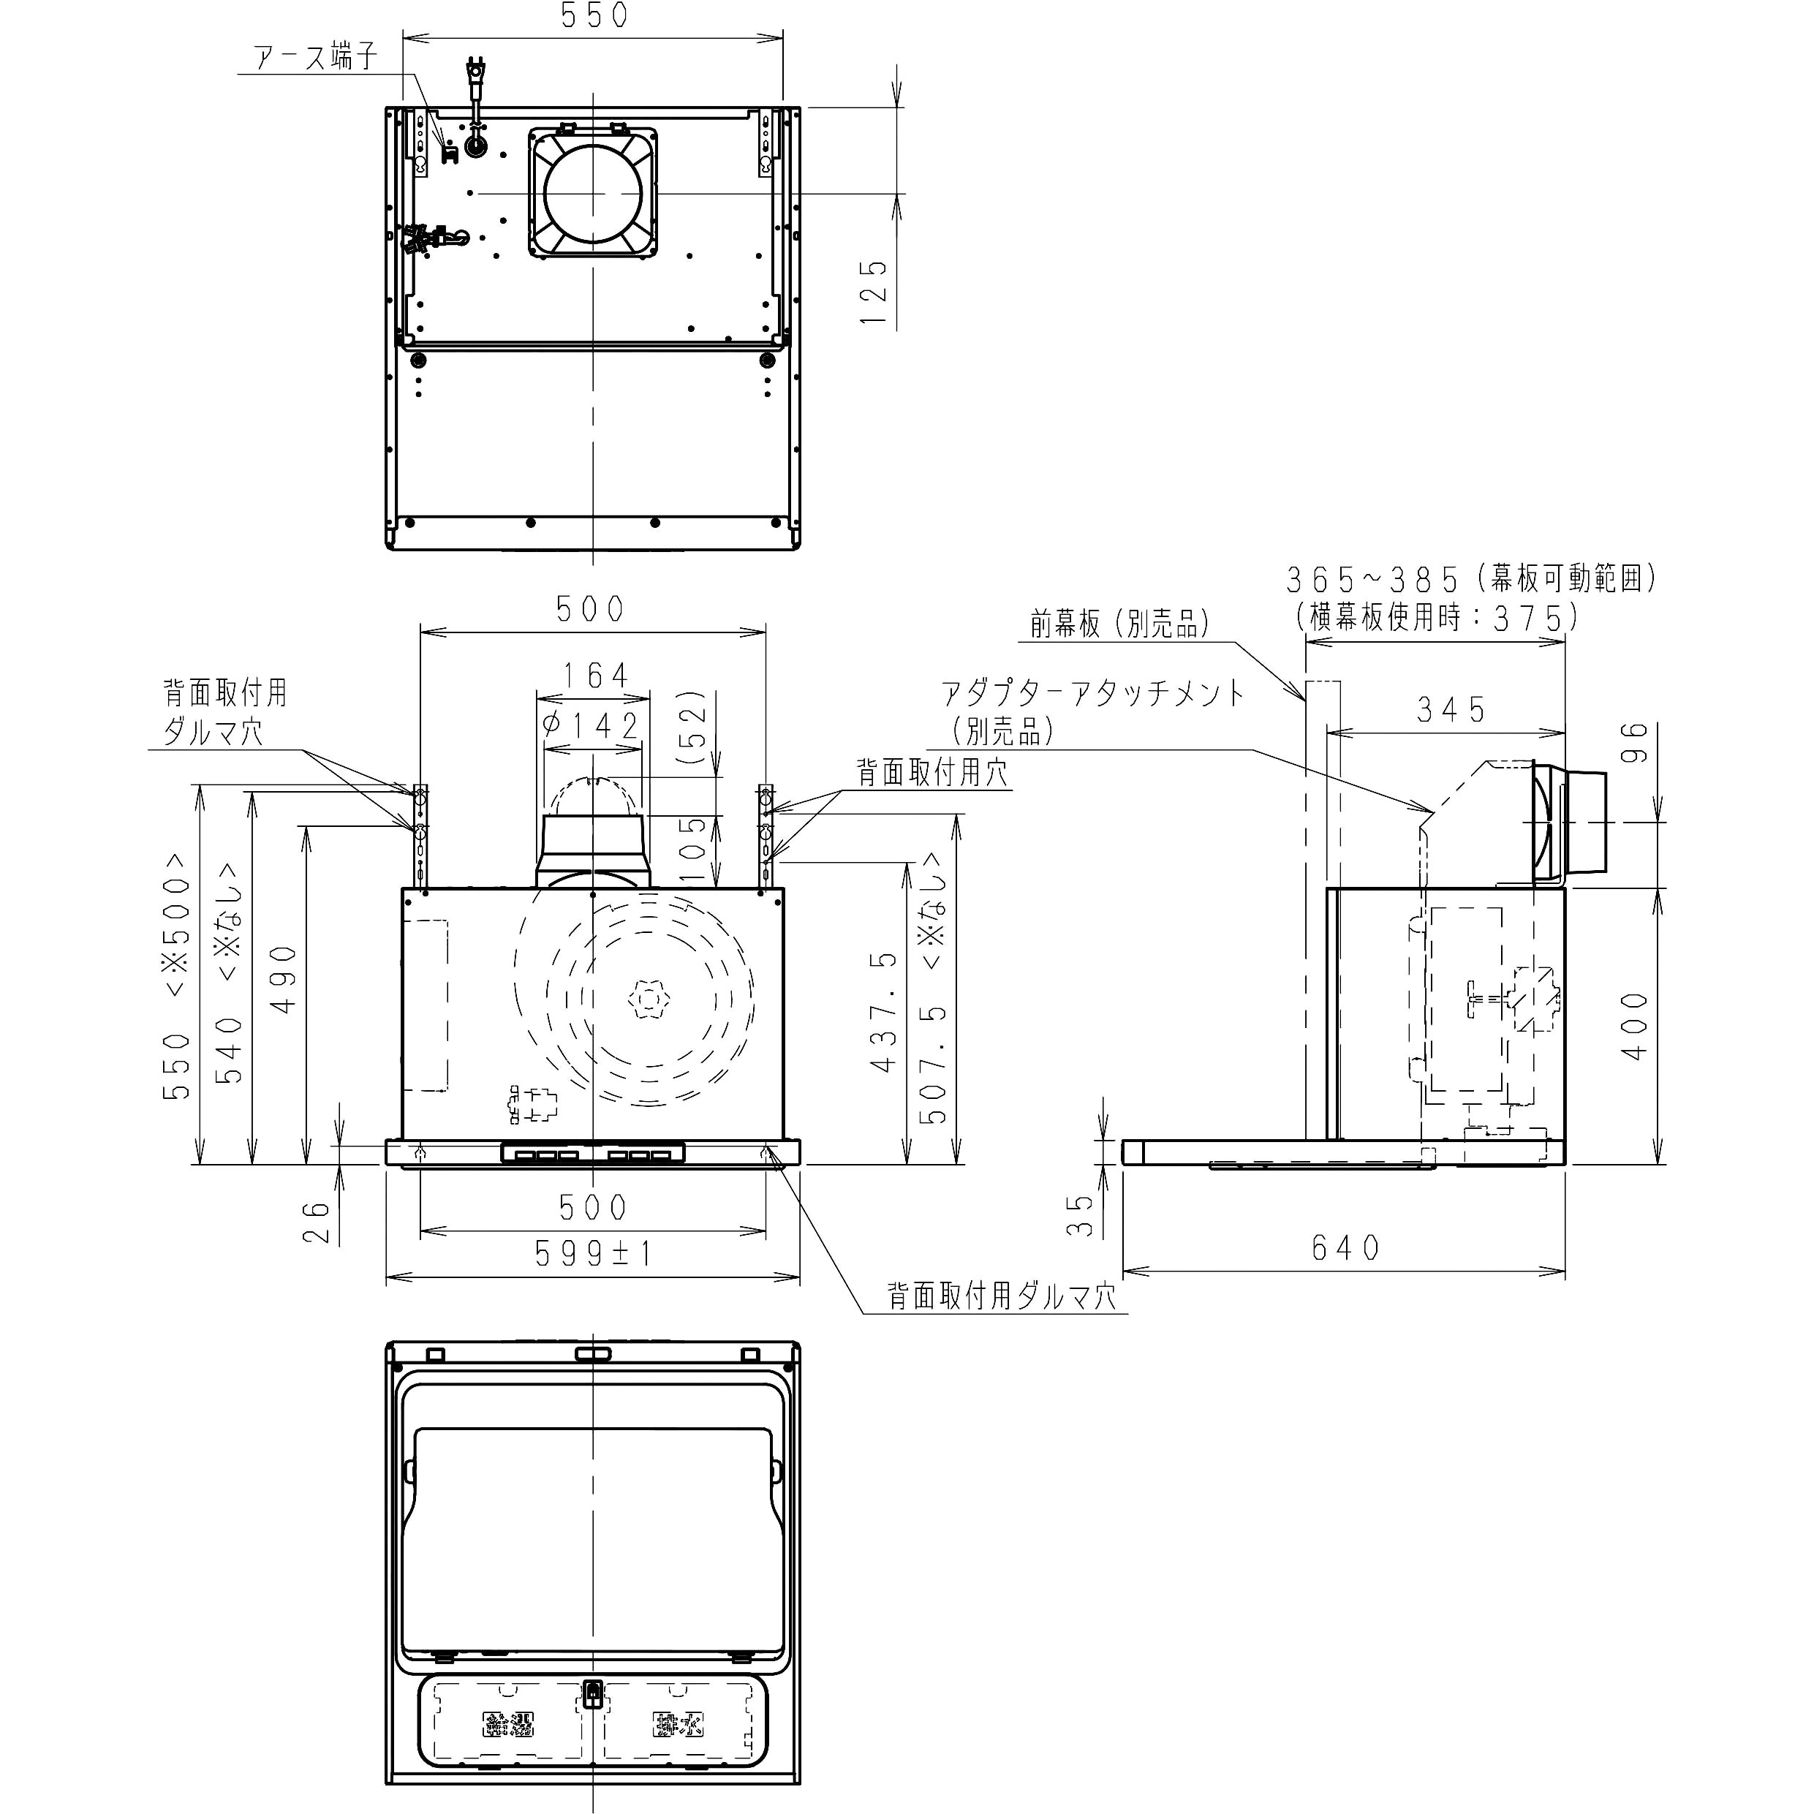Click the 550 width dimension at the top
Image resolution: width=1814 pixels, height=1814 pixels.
pos(594,16)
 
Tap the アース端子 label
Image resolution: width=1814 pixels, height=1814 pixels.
pos(317,57)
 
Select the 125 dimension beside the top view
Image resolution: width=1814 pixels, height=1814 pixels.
pos(873,292)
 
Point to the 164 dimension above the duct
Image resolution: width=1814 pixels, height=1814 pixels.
pos(594,675)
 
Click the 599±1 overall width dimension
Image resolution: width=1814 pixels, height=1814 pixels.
pos(594,1252)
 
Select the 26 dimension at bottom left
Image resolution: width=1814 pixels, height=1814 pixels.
pos(318,1222)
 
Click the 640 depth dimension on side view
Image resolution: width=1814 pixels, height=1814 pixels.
pos(1345,1248)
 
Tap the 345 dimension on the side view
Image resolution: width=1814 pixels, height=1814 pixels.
pos(1451,711)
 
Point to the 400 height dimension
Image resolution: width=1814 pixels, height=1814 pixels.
pos(1635,1027)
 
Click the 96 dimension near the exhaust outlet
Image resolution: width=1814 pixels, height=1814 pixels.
pos(1635,743)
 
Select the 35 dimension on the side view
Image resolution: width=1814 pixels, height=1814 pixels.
pos(1083,1214)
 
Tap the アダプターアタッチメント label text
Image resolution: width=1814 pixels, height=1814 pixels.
pos(1093,694)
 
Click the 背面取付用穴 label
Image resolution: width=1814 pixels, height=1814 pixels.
pos(931,773)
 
